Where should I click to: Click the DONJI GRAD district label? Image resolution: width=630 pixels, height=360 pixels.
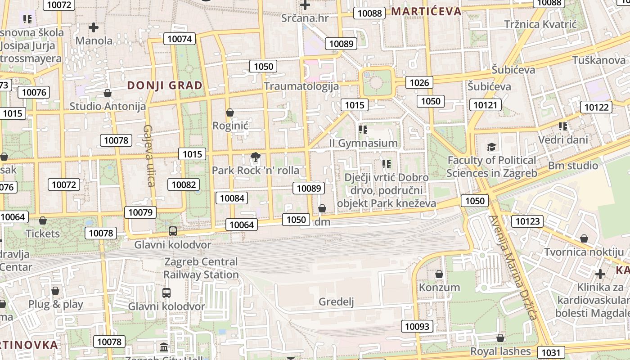tap(165, 85)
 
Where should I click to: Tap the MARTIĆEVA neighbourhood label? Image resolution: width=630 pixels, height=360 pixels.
tap(426, 11)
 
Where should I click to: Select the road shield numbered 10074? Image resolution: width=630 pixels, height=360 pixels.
tap(180, 39)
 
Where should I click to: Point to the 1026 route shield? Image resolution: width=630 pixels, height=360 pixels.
tap(419, 82)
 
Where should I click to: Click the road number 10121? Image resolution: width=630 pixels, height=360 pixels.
tap(486, 105)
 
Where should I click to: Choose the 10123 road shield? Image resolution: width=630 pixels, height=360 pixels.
tap(527, 221)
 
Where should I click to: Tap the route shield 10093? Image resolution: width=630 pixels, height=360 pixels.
tap(417, 326)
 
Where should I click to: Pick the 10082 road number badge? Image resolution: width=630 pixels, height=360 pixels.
tap(184, 184)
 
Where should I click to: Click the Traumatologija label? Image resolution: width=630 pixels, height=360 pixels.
tap(301, 86)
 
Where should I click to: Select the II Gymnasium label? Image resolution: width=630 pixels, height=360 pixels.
tap(364, 143)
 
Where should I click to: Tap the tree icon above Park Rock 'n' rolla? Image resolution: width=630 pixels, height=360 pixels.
tap(256, 157)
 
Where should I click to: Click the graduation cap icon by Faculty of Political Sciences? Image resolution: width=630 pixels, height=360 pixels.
tap(491, 147)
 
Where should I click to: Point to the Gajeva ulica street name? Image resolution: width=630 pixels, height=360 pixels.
tap(149, 155)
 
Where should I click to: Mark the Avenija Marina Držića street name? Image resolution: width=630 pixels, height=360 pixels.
tap(513, 268)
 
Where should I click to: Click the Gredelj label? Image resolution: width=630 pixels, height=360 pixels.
tap(336, 301)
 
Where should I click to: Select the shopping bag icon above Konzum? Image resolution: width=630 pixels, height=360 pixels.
tap(439, 274)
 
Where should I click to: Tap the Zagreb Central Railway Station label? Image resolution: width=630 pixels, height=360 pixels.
tap(201, 268)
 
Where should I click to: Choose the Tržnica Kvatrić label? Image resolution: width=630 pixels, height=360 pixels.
tap(540, 24)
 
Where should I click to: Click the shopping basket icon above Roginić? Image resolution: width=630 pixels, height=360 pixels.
tap(230, 112)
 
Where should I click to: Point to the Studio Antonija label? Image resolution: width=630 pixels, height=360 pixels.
tap(108, 106)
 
